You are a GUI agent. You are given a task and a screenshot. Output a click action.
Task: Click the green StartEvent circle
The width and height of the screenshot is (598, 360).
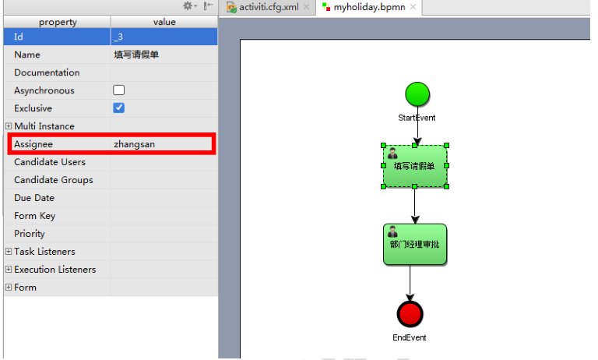pos(417,94)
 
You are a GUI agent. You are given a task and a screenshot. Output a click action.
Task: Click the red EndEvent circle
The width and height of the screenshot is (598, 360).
pos(410,314)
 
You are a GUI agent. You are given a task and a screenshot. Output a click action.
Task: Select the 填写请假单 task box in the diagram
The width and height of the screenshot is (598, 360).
pos(415,165)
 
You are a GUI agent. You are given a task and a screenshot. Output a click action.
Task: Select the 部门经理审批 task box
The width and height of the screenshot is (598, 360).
pos(415,245)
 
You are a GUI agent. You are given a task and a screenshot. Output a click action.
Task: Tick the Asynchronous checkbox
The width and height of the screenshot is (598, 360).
pos(119,90)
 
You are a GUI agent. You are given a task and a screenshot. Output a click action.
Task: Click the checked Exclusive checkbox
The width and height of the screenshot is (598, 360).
pos(119,108)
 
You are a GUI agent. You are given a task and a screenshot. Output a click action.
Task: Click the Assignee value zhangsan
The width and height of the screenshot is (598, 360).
pos(135,144)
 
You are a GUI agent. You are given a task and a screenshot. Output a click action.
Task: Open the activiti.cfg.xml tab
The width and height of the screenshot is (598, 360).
pos(265,7)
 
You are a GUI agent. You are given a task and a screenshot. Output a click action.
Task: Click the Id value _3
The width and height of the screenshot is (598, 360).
pos(118,37)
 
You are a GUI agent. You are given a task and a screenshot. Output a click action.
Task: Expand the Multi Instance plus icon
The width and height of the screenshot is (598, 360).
pos(9,126)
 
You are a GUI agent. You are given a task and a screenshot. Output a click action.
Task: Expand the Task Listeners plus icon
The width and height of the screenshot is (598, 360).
pos(9,252)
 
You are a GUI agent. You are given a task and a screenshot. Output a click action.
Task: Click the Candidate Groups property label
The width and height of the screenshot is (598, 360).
pos(53,180)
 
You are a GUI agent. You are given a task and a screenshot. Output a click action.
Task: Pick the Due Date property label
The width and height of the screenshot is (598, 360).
pos(34,198)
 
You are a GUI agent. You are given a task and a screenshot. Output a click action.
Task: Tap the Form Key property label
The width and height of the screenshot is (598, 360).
pos(36,216)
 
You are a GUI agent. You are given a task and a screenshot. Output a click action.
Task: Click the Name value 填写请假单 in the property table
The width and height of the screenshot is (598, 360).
pos(136,55)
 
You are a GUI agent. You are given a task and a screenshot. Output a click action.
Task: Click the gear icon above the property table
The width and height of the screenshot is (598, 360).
pos(188,6)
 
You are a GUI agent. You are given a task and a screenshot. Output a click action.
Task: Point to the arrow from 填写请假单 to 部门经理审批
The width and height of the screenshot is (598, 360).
pos(415,206)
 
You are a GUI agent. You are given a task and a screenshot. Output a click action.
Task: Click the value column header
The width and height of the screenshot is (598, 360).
pos(164,22)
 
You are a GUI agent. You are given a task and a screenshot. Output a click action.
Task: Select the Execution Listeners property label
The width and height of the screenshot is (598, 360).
pos(55,270)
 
